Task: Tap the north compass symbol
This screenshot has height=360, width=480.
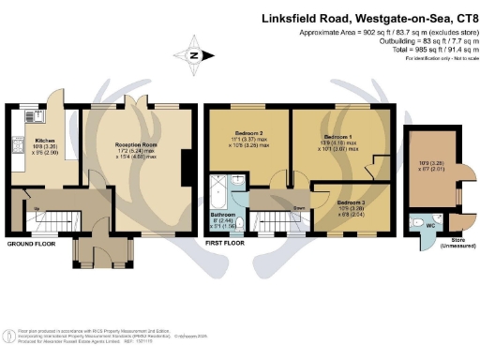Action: [193, 54]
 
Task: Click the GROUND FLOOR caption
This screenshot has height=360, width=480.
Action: [31, 243]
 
